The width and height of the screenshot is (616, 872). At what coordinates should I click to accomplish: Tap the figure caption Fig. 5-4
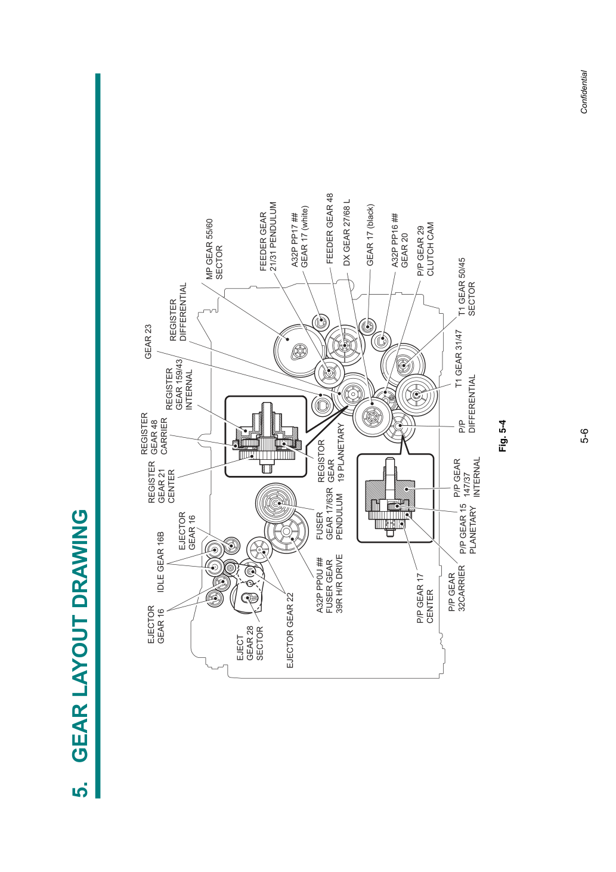503,435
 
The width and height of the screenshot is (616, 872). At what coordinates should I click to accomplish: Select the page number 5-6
584,435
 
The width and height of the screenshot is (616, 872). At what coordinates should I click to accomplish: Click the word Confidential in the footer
584,92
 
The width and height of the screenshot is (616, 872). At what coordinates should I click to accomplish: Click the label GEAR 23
148,342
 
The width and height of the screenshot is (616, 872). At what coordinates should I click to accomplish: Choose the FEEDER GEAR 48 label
330,228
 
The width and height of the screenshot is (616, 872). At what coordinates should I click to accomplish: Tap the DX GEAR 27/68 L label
346,233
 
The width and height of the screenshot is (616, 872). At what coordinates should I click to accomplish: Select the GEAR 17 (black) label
370,235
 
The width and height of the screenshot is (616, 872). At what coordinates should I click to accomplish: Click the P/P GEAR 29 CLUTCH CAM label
425,249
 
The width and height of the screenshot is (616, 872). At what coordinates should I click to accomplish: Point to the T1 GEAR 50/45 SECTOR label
466,287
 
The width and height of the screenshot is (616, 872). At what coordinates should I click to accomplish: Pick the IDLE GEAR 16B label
161,562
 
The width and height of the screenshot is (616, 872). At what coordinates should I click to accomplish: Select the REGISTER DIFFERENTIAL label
178,312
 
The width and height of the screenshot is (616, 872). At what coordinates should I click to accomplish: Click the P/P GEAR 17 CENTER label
425,598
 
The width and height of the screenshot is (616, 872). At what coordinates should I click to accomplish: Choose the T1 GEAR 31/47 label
459,358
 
